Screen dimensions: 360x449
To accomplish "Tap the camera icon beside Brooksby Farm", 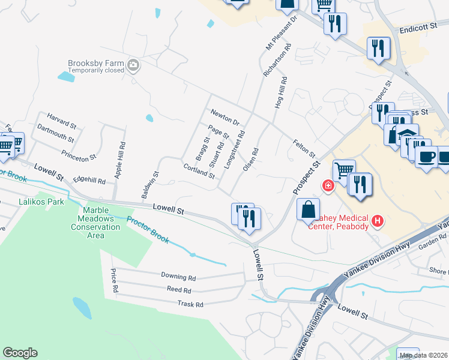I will coord(133,65).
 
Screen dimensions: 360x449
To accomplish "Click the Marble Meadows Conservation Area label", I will coord(95,223).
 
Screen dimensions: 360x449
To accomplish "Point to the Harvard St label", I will coord(62,122).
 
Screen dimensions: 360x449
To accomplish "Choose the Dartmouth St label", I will coord(55,133).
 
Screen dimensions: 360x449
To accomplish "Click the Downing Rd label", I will coord(178,277).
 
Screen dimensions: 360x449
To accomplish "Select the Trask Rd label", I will coord(190,304).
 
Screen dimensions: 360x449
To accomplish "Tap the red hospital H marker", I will coord(378,221).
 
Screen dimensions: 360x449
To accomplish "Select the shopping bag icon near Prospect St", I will coord(307,211).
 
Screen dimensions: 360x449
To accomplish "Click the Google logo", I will coord(20,353).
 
